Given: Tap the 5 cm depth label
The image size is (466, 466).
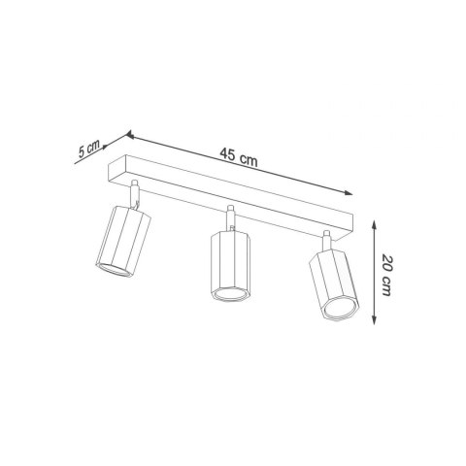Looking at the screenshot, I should click(x=88, y=149).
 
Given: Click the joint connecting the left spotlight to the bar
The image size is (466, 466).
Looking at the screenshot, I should click(x=136, y=197).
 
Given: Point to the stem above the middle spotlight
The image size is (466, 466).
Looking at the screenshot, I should click(x=230, y=218).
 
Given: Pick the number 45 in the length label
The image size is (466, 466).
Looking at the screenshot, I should click(x=229, y=157).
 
